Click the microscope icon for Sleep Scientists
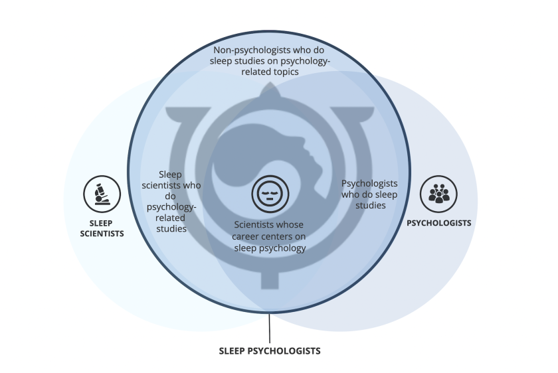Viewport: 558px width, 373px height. pyautogui.click(x=102, y=194)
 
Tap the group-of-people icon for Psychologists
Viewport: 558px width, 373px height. pyautogui.click(x=439, y=194)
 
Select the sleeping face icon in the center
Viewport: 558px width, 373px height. pyautogui.click(x=270, y=194)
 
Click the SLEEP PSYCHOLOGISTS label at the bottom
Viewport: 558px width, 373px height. pyautogui.click(x=270, y=350)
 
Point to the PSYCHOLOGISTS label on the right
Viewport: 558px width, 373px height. pyautogui.click(x=439, y=223)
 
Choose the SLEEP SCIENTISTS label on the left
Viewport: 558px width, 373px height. pyautogui.click(x=102, y=228)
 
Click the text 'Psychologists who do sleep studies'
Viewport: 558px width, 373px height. pyautogui.click(x=369, y=194)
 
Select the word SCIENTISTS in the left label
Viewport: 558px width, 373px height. pyautogui.click(x=102, y=234)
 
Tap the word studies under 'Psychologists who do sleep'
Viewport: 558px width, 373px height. pyautogui.click(x=369, y=205)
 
